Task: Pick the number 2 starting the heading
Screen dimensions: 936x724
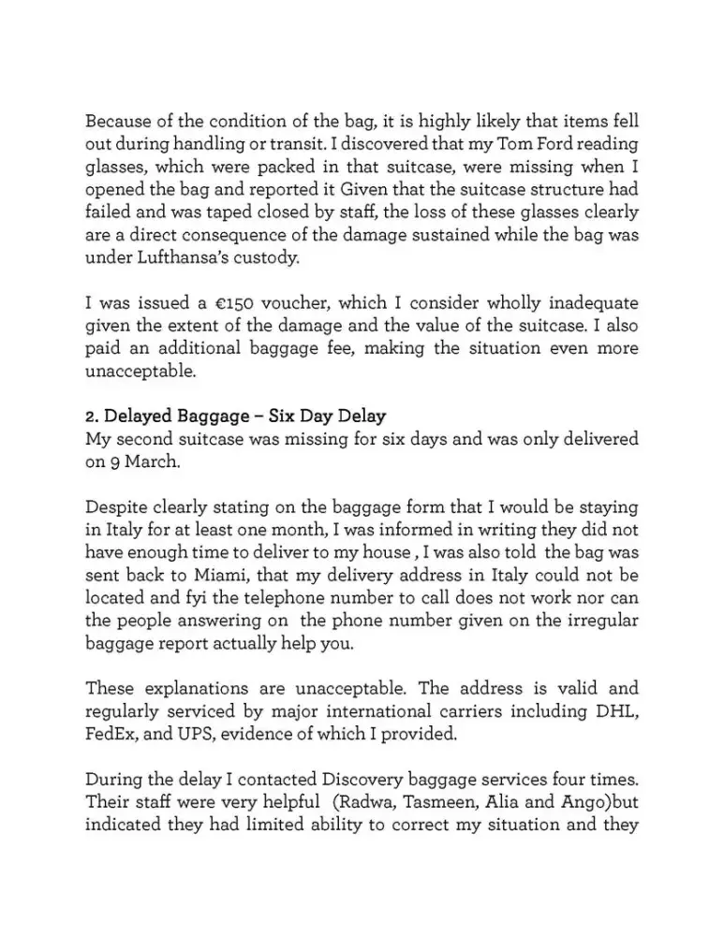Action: coord(90,414)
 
